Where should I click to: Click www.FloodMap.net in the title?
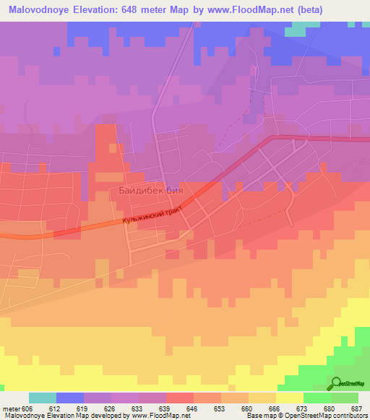[255, 10]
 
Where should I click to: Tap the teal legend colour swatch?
[43, 398]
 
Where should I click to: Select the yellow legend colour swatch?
[290, 398]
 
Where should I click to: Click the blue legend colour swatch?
[70, 398]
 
